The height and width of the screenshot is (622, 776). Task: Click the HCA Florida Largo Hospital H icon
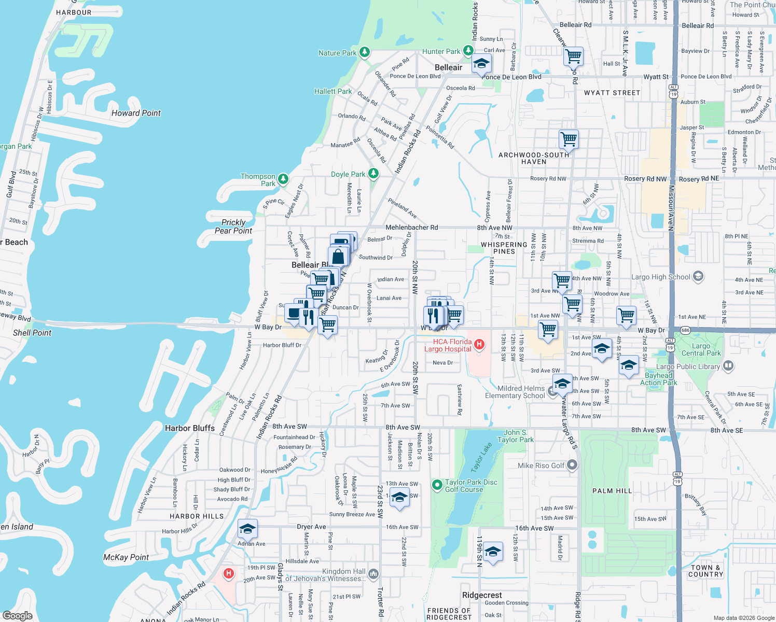(x=480, y=344)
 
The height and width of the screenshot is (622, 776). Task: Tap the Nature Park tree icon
(x=365, y=52)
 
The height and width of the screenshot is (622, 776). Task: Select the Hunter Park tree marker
(x=468, y=50)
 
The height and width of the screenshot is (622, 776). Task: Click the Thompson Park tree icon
(x=283, y=179)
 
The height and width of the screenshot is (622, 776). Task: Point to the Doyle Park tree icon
(x=373, y=174)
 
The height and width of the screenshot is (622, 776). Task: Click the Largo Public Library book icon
(x=728, y=366)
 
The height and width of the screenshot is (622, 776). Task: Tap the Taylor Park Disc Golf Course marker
(x=437, y=485)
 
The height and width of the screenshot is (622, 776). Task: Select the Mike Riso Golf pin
(x=572, y=465)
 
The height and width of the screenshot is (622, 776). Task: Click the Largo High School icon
(x=698, y=276)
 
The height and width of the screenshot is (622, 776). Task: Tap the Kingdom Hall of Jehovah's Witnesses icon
(x=373, y=574)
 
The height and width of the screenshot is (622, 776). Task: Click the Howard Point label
(x=136, y=113)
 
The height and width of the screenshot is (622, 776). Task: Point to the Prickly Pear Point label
(x=233, y=227)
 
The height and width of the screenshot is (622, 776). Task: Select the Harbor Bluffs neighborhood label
(x=190, y=428)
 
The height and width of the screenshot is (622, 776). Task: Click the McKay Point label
(x=126, y=557)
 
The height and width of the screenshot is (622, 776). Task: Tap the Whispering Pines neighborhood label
(x=504, y=248)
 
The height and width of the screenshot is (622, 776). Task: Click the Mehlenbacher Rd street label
(x=411, y=227)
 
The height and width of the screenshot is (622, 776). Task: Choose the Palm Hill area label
(x=612, y=490)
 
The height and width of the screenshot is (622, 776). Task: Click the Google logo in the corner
(x=17, y=615)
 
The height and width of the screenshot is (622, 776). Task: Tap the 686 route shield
(x=685, y=330)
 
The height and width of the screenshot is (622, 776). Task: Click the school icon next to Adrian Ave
(x=247, y=529)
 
